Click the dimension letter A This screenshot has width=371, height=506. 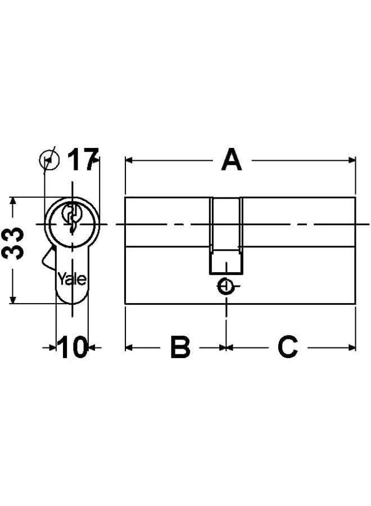pyautogui.click(x=231, y=160)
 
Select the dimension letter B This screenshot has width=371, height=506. pyautogui.click(x=180, y=348)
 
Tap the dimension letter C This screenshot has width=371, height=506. pyautogui.click(x=287, y=348)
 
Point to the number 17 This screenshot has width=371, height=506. pyautogui.click(x=83, y=160)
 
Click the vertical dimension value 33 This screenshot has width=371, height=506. pyautogui.click(x=12, y=243)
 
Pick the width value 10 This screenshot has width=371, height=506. pyautogui.click(x=73, y=348)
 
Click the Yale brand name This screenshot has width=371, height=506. pyautogui.click(x=72, y=279)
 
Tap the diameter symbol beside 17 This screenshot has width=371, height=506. pyautogui.click(x=49, y=160)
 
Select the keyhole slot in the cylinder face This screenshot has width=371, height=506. pyautogui.click(x=71, y=218)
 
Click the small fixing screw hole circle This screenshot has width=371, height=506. pyautogui.click(x=226, y=287)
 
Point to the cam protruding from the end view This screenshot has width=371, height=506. pyautogui.click(x=47, y=259)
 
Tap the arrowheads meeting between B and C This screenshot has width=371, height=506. pyautogui.click(x=226, y=347)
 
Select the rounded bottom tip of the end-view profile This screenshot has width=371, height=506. pyautogui.click(x=72, y=301)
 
